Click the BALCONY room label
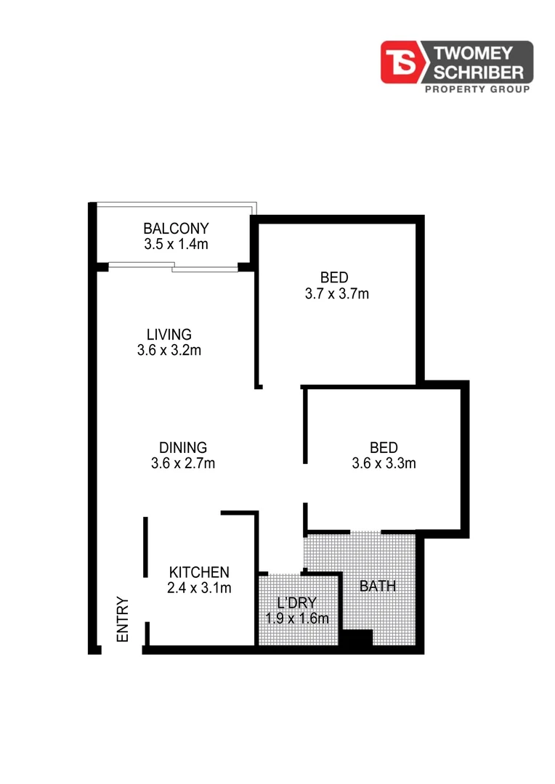pyautogui.click(x=176, y=228)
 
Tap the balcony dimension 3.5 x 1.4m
pyautogui.click(x=176, y=245)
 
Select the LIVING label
pyautogui.click(x=169, y=335)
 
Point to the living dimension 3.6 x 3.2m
pyautogui.click(x=169, y=351)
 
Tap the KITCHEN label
pyautogui.click(x=199, y=572)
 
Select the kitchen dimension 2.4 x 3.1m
pyautogui.click(x=199, y=588)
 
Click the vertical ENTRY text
pyautogui.click(x=123, y=618)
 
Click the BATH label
pyautogui.click(x=378, y=586)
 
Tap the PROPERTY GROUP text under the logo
pyautogui.click(x=476, y=89)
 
